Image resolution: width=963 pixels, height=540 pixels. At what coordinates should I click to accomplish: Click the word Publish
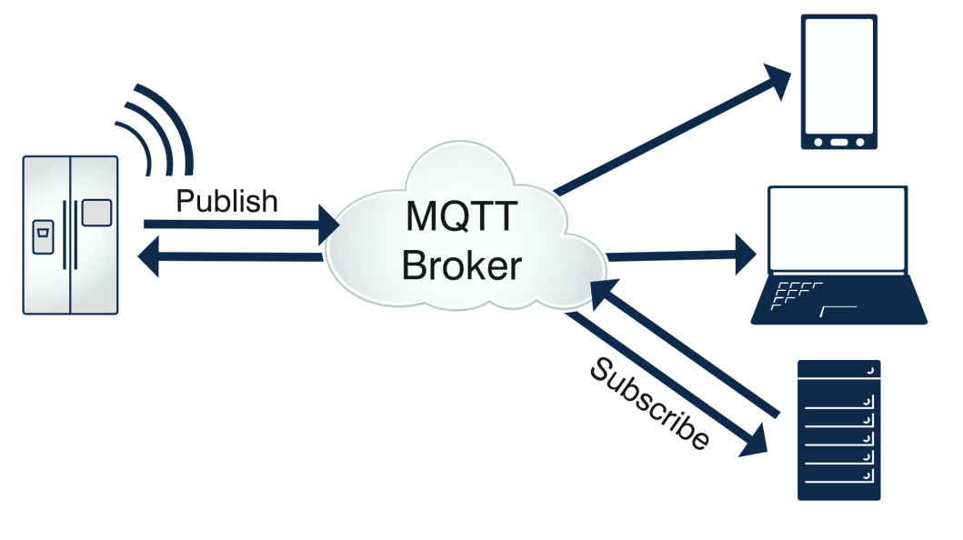pyautogui.click(x=226, y=201)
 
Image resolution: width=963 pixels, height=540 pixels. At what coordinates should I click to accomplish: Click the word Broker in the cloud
pyautogui.click(x=462, y=265)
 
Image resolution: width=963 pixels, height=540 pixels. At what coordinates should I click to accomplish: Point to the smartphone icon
pyautogui.click(x=838, y=82)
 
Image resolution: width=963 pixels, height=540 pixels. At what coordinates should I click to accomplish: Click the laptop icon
pyautogui.click(x=838, y=255)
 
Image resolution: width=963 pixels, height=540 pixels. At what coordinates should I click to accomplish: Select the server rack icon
pyautogui.click(x=838, y=430)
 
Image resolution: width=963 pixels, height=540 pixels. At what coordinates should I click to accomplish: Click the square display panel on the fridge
pyautogui.click(x=96, y=213)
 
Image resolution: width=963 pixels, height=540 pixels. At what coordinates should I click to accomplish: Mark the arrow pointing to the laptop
pyautogui.click(x=682, y=255)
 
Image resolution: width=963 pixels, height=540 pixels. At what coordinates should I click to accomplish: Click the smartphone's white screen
pyautogui.click(x=838, y=75)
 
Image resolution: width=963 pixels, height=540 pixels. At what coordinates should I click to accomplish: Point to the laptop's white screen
pyautogui.click(x=838, y=229)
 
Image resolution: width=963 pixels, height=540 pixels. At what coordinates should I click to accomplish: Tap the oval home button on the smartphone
pyautogui.click(x=838, y=142)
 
